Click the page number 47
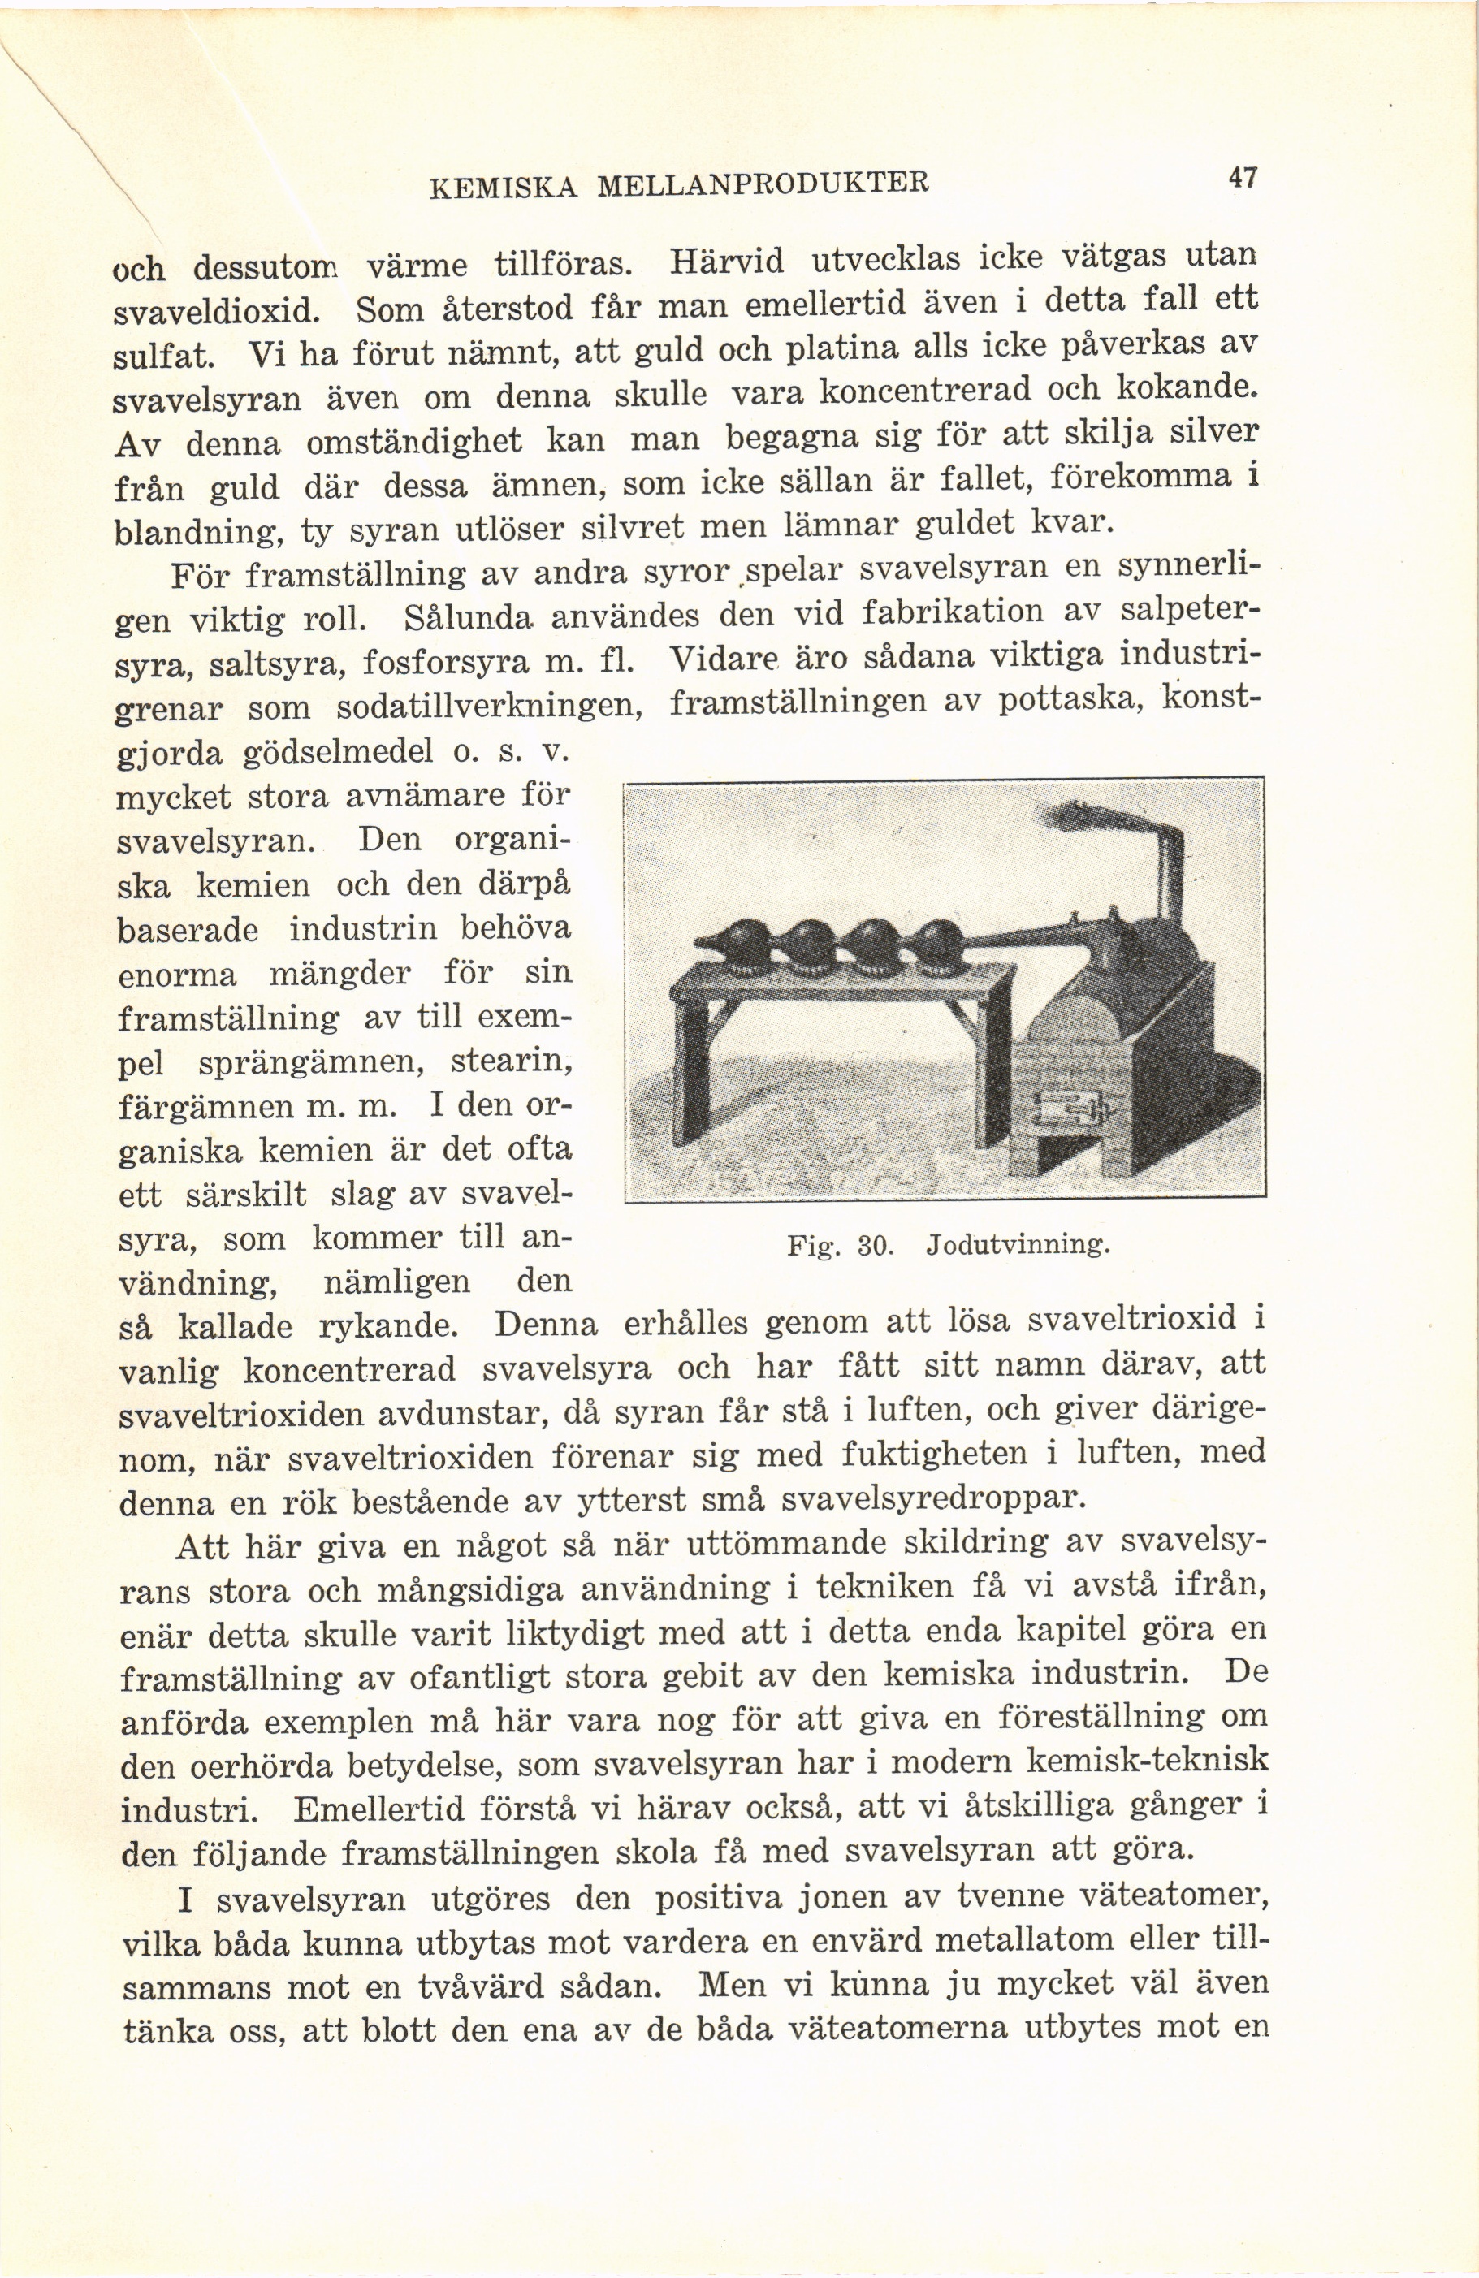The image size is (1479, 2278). [1243, 177]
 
